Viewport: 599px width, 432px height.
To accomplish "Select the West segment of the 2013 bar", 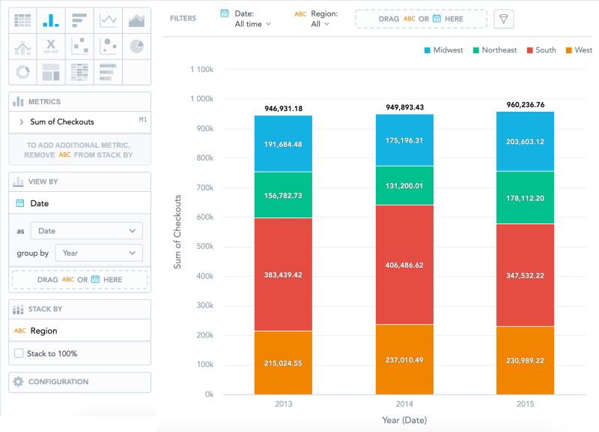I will click(x=283, y=363).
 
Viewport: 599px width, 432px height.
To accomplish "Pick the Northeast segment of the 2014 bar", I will click(x=404, y=186).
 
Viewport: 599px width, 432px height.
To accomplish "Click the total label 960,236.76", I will click(x=526, y=105).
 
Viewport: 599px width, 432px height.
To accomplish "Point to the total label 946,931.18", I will click(x=283, y=109).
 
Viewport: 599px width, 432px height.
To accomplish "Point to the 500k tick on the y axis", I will click(x=204, y=247).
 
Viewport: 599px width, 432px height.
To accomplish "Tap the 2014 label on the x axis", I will click(x=404, y=404).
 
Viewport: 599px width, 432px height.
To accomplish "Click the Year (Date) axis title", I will click(x=404, y=420).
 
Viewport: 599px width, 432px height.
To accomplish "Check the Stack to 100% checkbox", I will click(x=19, y=353).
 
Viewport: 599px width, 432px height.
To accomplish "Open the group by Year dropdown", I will click(x=99, y=253).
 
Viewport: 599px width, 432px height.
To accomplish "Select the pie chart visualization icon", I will click(x=136, y=46).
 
